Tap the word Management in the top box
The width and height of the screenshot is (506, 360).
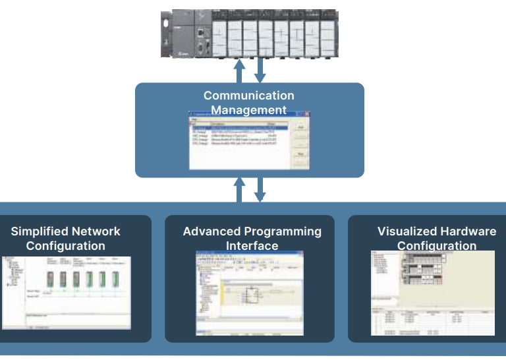(x=248, y=110)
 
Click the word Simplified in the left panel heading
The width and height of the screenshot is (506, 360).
(x=38, y=231)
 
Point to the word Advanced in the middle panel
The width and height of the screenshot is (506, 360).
(x=212, y=231)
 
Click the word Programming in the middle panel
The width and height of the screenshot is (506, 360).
(x=283, y=231)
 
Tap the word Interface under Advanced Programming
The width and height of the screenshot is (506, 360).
(x=252, y=246)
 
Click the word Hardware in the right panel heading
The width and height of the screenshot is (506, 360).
(x=469, y=231)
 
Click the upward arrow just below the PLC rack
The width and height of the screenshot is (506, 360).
(x=240, y=69)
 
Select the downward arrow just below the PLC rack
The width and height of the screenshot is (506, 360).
(x=260, y=69)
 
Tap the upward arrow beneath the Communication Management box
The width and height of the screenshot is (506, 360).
(x=240, y=189)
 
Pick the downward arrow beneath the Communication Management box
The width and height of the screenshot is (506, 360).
(x=260, y=189)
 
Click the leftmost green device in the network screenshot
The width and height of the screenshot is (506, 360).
(x=50, y=279)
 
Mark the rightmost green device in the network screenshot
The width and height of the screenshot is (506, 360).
(x=115, y=279)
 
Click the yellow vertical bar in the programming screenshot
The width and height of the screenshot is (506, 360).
(x=222, y=295)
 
